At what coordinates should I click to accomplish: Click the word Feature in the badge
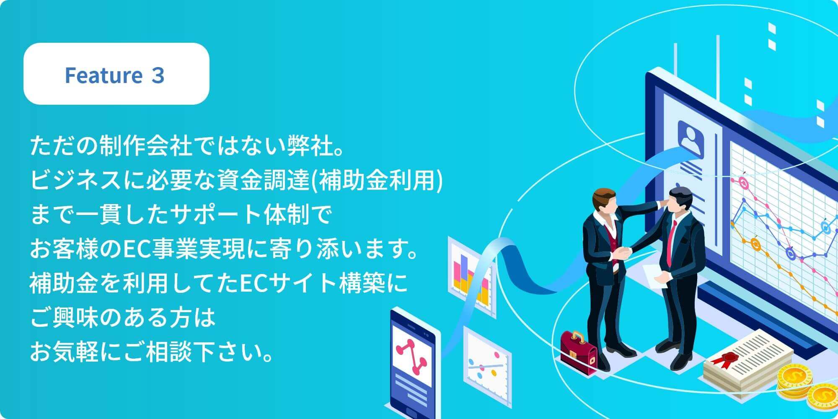pos(103,75)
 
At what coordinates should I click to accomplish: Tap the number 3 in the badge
pos(158,75)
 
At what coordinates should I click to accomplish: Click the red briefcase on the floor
pos(579,352)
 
